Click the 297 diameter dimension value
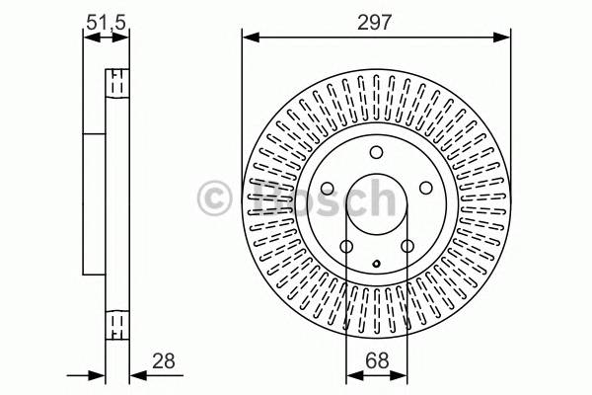click(x=376, y=21)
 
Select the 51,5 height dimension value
click(x=106, y=19)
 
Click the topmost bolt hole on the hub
click(x=376, y=153)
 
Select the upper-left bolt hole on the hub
click(x=328, y=189)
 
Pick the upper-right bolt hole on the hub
click(x=425, y=189)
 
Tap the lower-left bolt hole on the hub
click(x=346, y=246)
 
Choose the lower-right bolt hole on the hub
click(x=407, y=246)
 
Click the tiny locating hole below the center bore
click(x=377, y=263)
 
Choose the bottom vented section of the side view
click(x=117, y=323)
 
